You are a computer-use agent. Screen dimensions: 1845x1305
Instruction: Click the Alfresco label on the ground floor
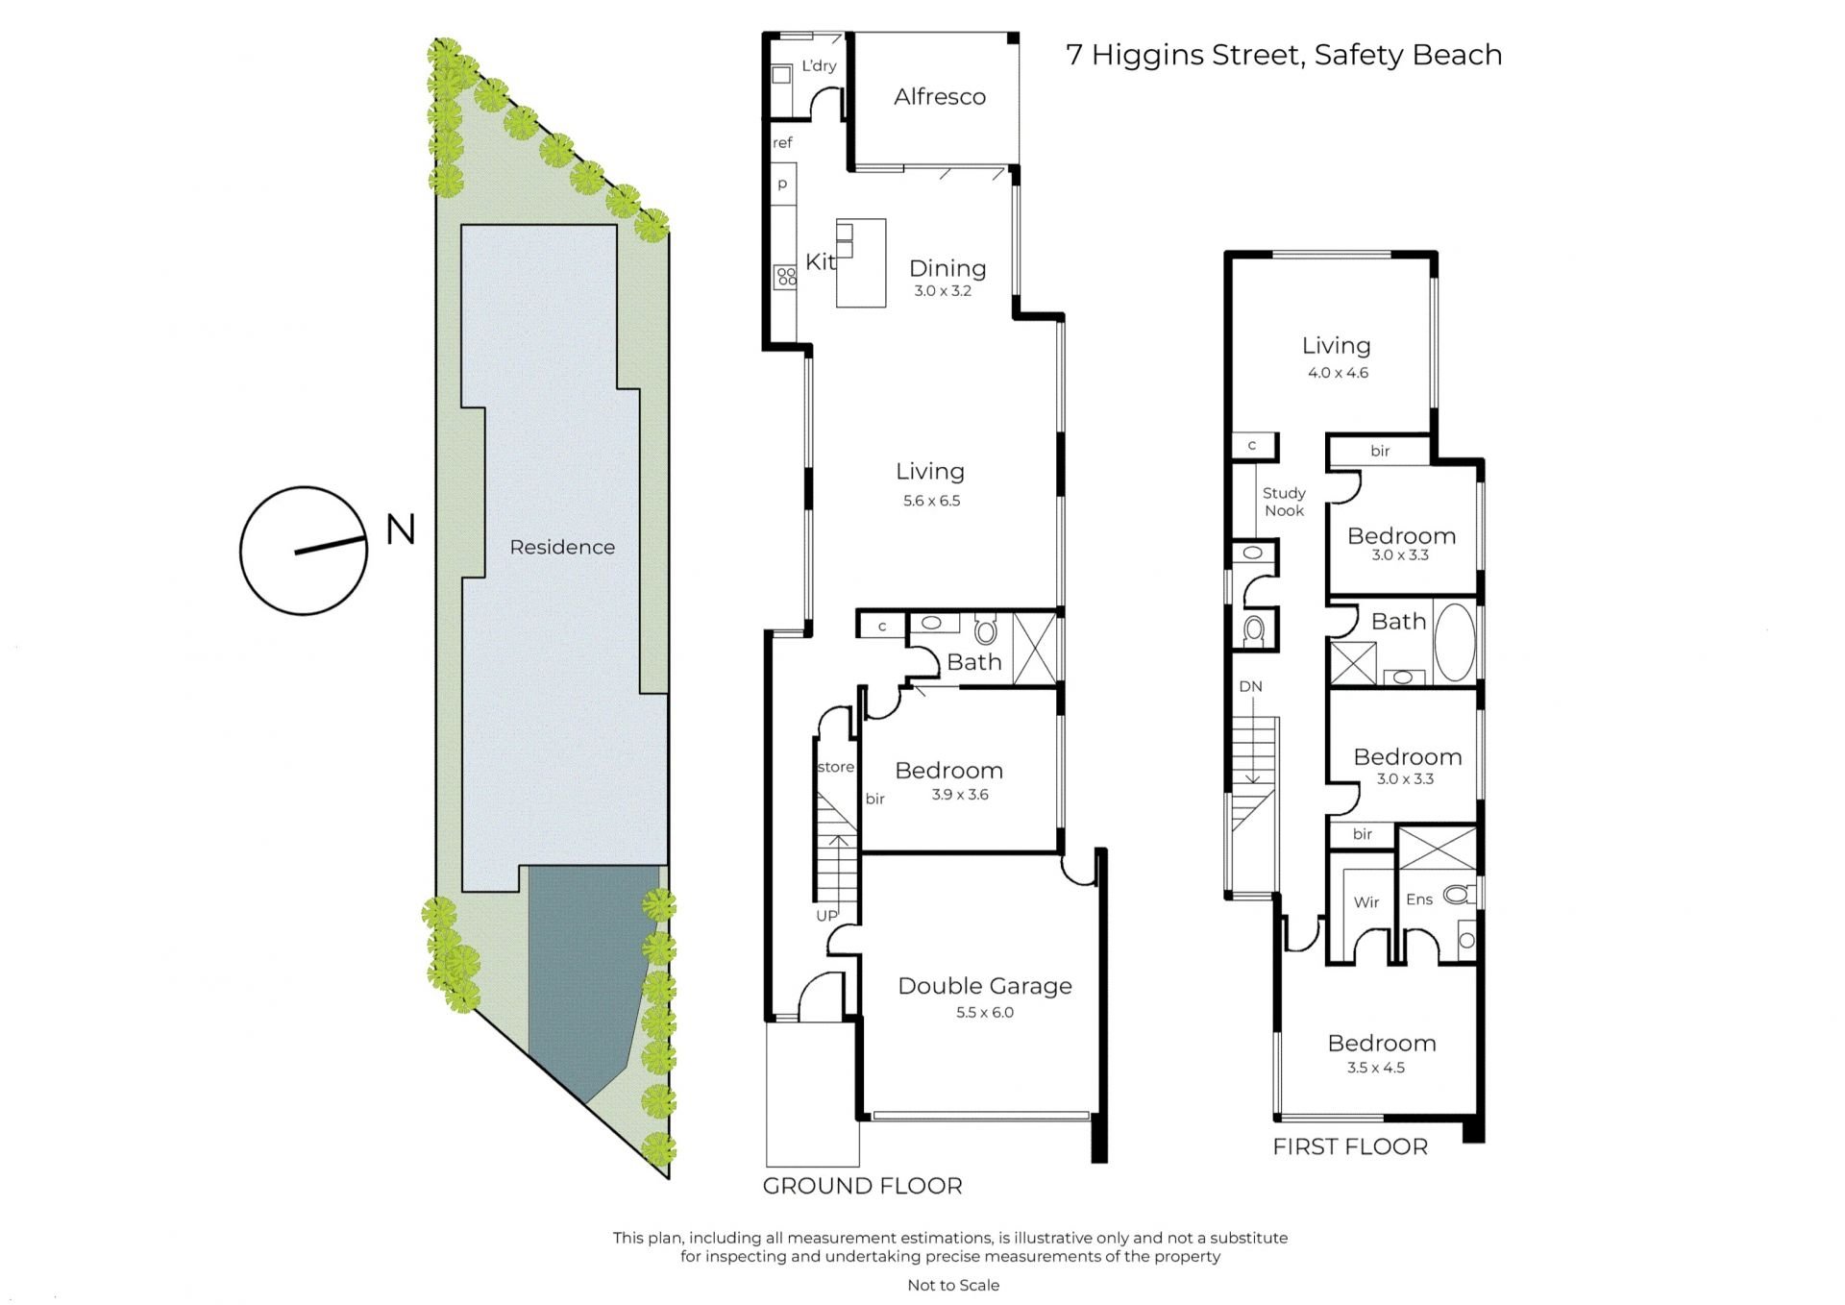pos(940,96)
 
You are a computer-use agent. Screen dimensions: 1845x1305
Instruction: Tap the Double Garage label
pos(985,986)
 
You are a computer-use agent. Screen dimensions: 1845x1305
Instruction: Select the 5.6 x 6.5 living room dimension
pos(931,501)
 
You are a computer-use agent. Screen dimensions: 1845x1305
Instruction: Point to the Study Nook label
pos(1284,502)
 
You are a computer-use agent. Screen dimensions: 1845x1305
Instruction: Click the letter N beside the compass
pos(401,529)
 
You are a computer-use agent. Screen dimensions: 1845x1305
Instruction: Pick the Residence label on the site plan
pos(562,547)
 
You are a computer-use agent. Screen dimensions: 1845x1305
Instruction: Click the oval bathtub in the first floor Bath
pos(1454,642)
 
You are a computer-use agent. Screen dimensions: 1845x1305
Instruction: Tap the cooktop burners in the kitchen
pos(786,278)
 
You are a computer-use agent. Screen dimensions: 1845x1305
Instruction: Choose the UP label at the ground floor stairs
pos(826,916)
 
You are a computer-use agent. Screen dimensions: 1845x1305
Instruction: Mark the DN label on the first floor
pos(1250,686)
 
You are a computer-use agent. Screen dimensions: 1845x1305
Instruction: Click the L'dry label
pos(819,65)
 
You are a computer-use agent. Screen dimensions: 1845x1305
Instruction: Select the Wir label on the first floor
pos(1366,902)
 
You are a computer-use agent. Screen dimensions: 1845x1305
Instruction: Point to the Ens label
pos(1419,899)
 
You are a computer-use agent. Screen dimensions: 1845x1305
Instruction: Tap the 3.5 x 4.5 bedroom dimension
pos(1376,1068)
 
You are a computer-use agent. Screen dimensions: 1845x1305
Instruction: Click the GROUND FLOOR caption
pos(862,1186)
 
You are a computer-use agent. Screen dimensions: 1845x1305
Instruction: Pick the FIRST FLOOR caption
pos(1350,1146)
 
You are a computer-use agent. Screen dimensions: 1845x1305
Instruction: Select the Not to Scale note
pos(953,1285)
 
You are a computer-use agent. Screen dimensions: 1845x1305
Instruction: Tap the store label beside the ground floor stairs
pos(835,767)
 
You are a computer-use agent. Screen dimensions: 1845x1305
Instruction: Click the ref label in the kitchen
pos(782,143)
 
